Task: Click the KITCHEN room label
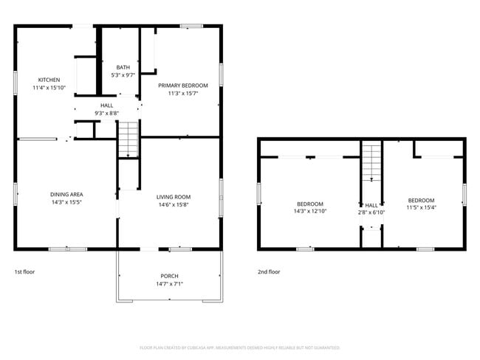click(x=49, y=80)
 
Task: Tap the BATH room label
click(x=123, y=68)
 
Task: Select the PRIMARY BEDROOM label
click(x=183, y=86)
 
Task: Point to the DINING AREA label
click(x=66, y=195)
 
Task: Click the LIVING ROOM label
click(x=174, y=197)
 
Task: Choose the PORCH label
click(x=169, y=276)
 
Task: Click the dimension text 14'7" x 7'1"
click(x=169, y=284)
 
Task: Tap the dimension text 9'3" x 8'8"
click(x=107, y=114)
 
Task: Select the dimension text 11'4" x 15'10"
click(x=49, y=88)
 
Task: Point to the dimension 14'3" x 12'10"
click(x=309, y=212)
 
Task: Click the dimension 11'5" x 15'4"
click(x=422, y=207)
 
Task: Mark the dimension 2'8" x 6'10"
click(x=371, y=212)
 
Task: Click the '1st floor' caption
click(x=24, y=271)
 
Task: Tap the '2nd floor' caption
click(x=269, y=271)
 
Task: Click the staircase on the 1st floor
click(x=128, y=139)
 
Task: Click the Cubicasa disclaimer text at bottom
click(x=240, y=347)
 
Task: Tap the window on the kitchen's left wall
click(x=16, y=82)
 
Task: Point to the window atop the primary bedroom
click(x=191, y=27)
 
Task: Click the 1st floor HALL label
click(x=107, y=105)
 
